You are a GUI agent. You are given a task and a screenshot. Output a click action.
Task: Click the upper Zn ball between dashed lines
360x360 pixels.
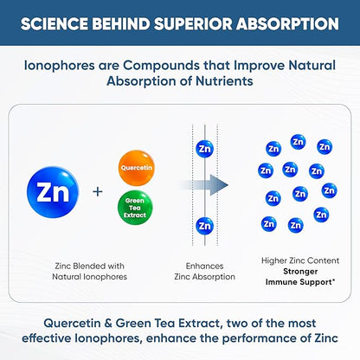coord(204,148)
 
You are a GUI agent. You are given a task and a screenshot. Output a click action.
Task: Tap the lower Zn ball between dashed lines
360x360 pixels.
coord(204,226)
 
